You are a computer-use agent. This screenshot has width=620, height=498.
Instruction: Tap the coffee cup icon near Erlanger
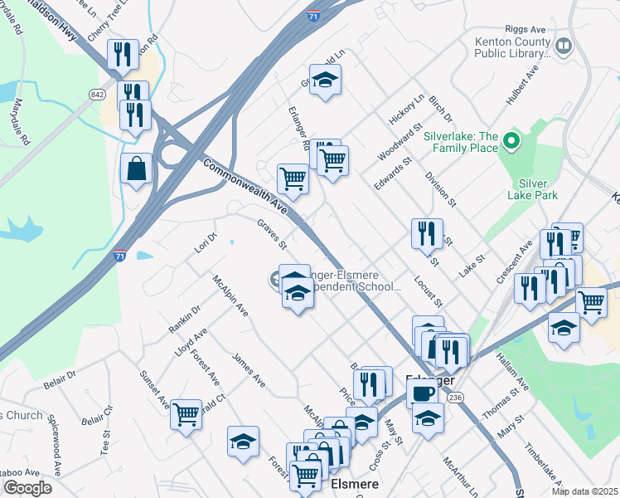pyautogui.click(x=422, y=392)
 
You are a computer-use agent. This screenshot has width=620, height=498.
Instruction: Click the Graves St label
pyautogui.click(x=272, y=234)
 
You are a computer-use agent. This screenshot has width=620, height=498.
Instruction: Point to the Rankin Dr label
pyautogui.click(x=185, y=321)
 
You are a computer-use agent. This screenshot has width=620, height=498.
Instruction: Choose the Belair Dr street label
pyautogui.click(x=60, y=375)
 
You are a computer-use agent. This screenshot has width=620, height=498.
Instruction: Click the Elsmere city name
pyautogui.click(x=355, y=483)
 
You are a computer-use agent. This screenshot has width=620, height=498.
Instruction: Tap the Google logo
pyautogui.click(x=27, y=488)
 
